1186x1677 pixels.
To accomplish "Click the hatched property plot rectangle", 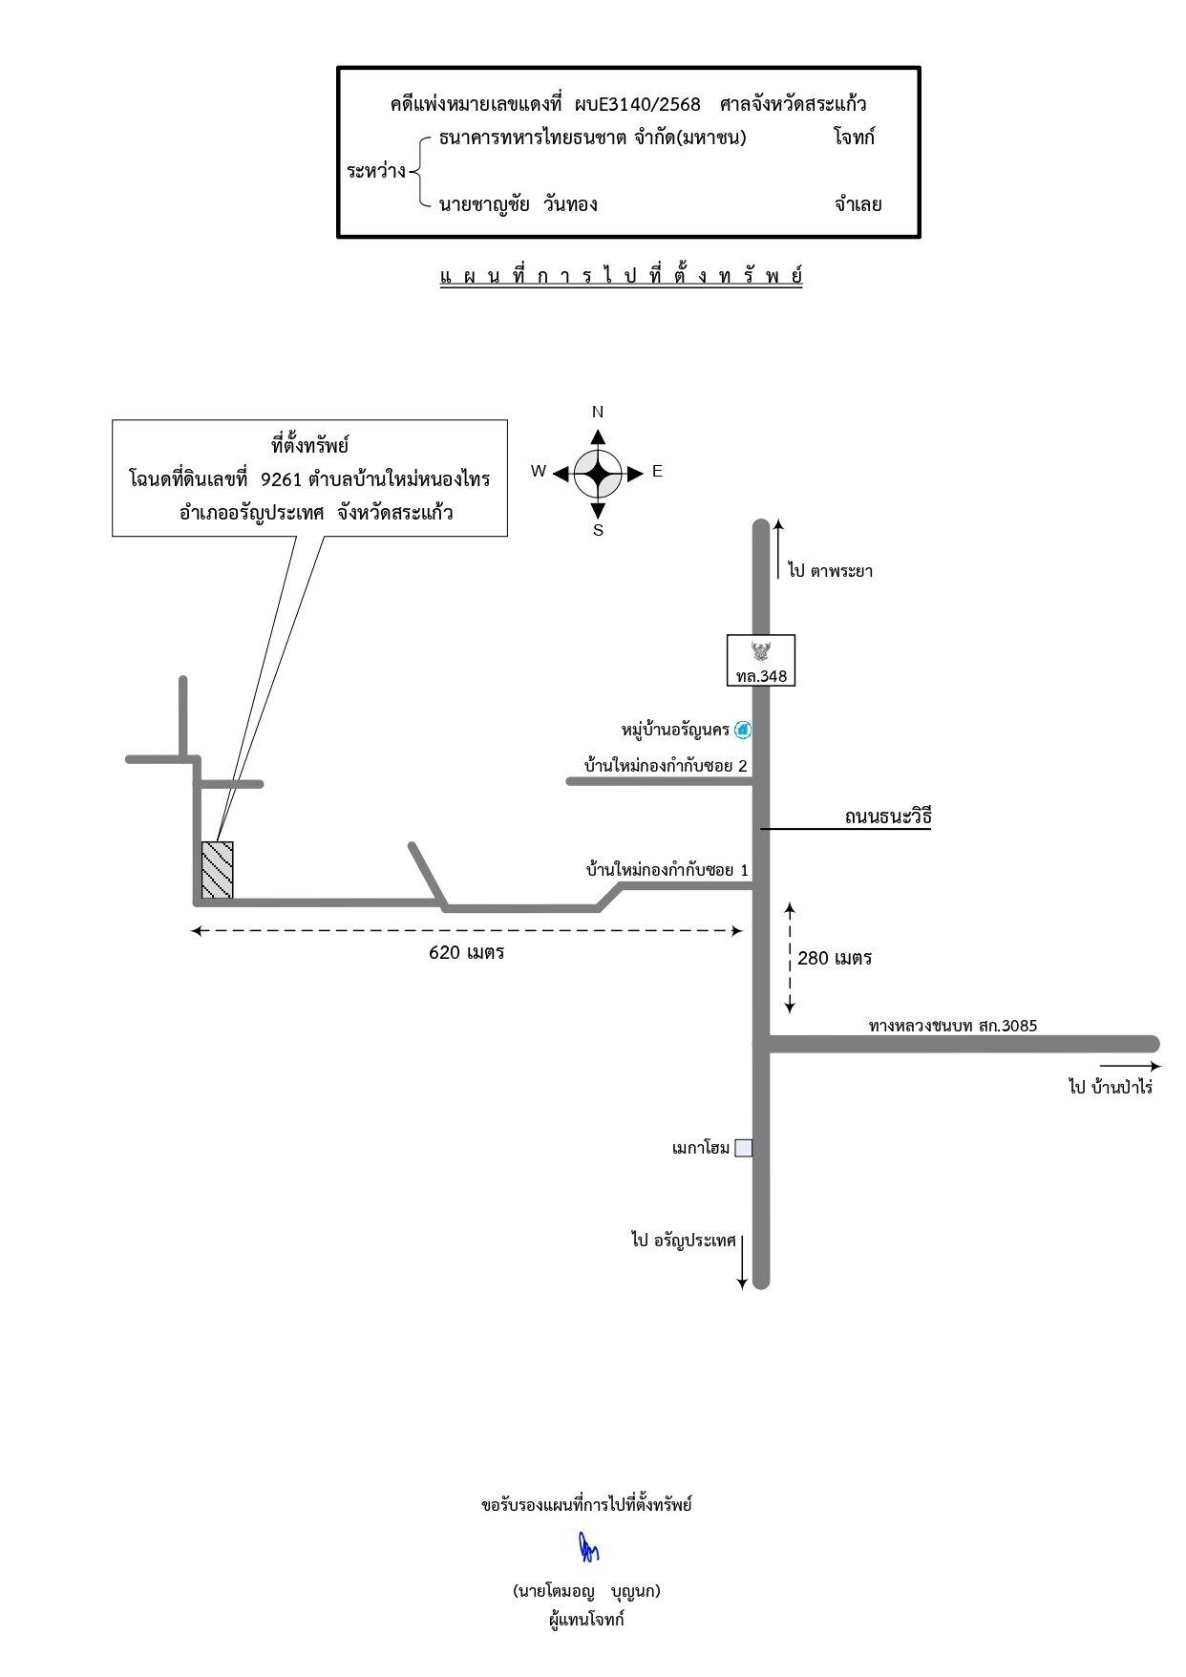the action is point(217,870).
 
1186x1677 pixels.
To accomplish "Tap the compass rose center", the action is point(598,474).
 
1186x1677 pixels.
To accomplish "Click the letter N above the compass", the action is point(598,412).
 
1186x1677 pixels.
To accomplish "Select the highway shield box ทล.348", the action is point(761,660).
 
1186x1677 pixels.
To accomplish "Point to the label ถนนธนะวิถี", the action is point(888,817).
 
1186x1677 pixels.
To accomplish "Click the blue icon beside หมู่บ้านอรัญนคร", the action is point(743,730).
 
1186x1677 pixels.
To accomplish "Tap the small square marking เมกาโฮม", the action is point(743,1148).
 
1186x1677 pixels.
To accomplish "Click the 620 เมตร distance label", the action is point(466,952).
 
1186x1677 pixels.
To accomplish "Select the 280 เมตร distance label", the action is point(835,958).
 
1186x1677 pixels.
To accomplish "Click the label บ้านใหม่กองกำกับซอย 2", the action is point(666,765).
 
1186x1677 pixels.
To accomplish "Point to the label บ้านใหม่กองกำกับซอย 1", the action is point(667,870).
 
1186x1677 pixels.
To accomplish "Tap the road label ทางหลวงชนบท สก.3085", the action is point(953,1026).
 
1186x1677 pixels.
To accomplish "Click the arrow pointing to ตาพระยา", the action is point(778,549).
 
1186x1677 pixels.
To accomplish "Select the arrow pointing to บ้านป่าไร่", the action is point(1131,1066).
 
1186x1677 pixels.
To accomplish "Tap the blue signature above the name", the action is point(588,1547).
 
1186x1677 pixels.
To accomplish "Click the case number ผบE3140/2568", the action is point(638,104).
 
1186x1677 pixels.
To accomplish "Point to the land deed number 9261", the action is point(281,479).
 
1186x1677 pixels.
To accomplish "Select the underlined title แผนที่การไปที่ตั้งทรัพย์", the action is point(621,276).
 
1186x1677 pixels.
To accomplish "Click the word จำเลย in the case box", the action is point(858,204).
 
